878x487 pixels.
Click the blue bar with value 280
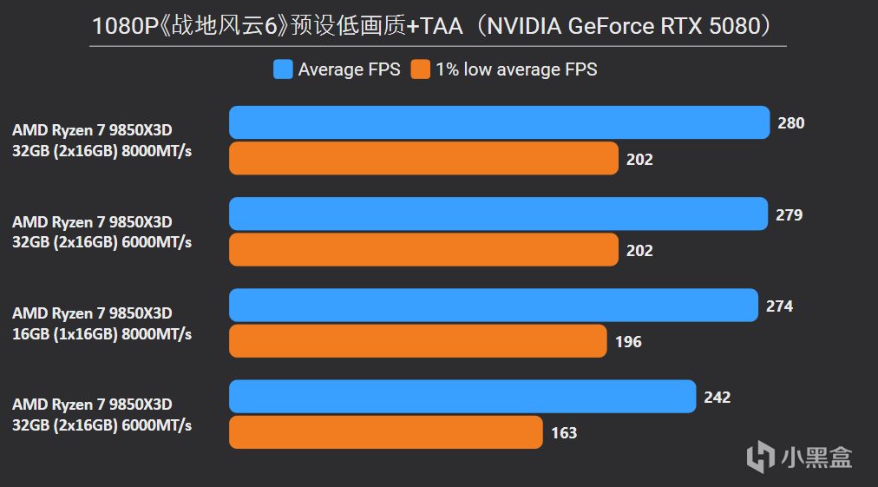click(x=499, y=122)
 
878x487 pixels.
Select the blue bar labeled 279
click(x=498, y=214)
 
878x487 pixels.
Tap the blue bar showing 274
click(x=493, y=306)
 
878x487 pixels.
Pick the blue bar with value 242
click(x=462, y=397)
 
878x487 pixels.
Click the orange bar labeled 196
click(x=417, y=341)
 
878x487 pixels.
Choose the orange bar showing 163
click(x=386, y=432)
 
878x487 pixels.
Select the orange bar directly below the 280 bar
click(x=423, y=159)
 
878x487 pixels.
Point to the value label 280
click(x=790, y=123)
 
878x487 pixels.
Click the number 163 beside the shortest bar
click(x=564, y=432)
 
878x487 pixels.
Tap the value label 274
click(x=779, y=306)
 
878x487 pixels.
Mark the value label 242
click(x=717, y=398)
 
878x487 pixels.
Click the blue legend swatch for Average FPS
click(x=283, y=69)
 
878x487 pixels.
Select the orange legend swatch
click(x=421, y=69)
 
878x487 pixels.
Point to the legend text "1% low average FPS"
click(x=516, y=69)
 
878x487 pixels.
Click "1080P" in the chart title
click(x=118, y=26)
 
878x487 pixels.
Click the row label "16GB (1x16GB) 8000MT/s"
click(x=102, y=334)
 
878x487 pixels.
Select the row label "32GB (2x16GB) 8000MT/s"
click(x=102, y=151)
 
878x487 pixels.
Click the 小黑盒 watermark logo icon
click(x=761, y=455)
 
